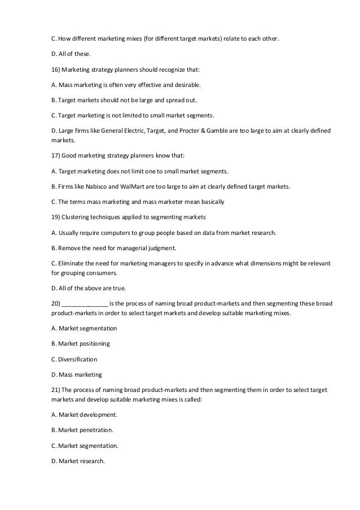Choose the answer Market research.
tap(82, 460)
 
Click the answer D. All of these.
tap(71, 54)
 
